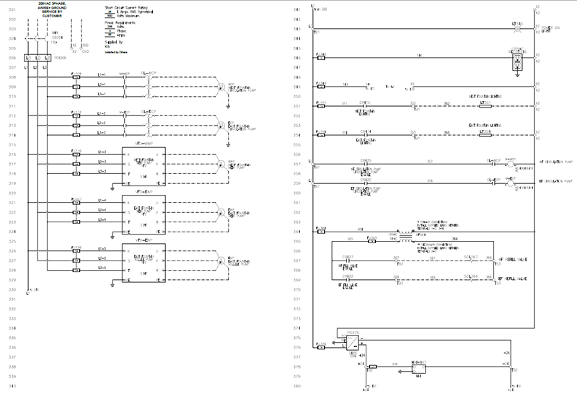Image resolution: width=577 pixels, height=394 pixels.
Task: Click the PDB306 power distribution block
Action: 37,57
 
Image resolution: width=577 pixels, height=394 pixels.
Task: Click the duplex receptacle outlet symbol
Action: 516,64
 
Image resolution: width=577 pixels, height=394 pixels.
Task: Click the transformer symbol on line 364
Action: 405,235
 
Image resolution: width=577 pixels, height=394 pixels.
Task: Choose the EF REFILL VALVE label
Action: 512,278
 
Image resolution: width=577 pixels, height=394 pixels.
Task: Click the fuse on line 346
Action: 322,56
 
